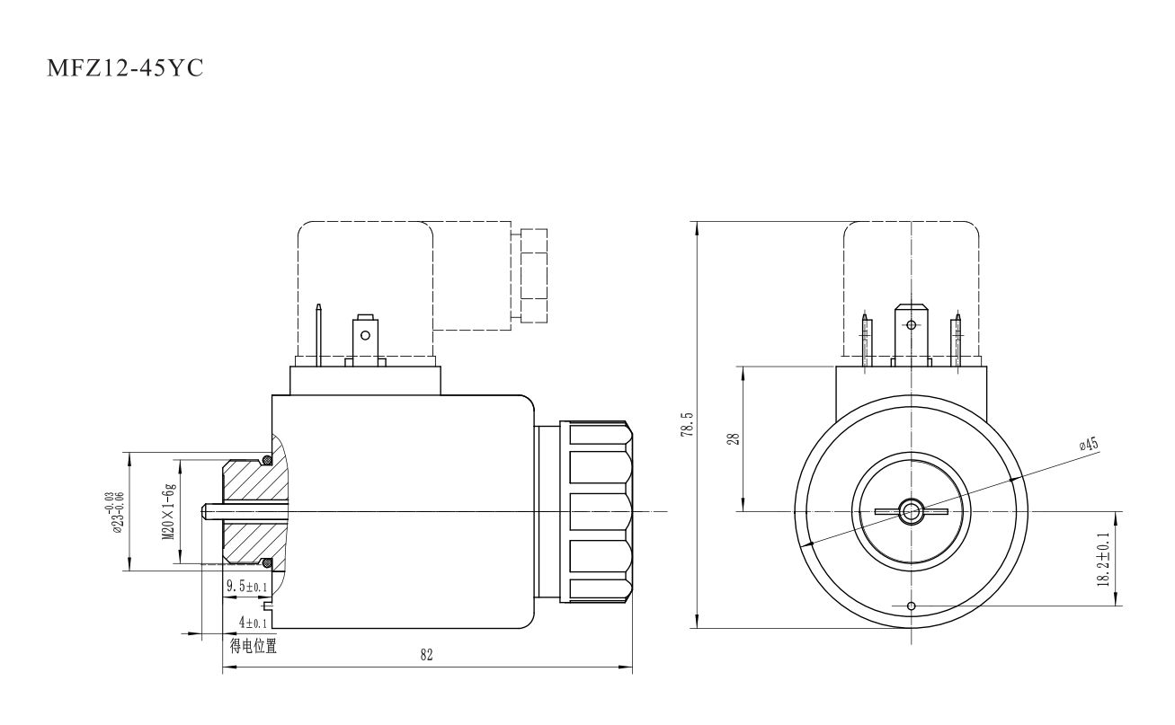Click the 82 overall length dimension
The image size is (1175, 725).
tap(426, 656)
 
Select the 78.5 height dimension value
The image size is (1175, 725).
tap(686, 424)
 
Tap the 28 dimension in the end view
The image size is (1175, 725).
tap(732, 438)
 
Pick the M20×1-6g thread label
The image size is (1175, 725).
tap(167, 510)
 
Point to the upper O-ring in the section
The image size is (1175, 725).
tap(266, 462)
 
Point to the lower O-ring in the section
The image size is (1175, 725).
tap(266, 563)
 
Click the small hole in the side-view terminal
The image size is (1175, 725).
tap(364, 337)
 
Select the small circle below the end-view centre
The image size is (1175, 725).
tap(912, 606)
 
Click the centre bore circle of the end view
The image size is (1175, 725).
tap(912, 512)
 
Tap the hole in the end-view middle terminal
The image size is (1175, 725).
tap(912, 324)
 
